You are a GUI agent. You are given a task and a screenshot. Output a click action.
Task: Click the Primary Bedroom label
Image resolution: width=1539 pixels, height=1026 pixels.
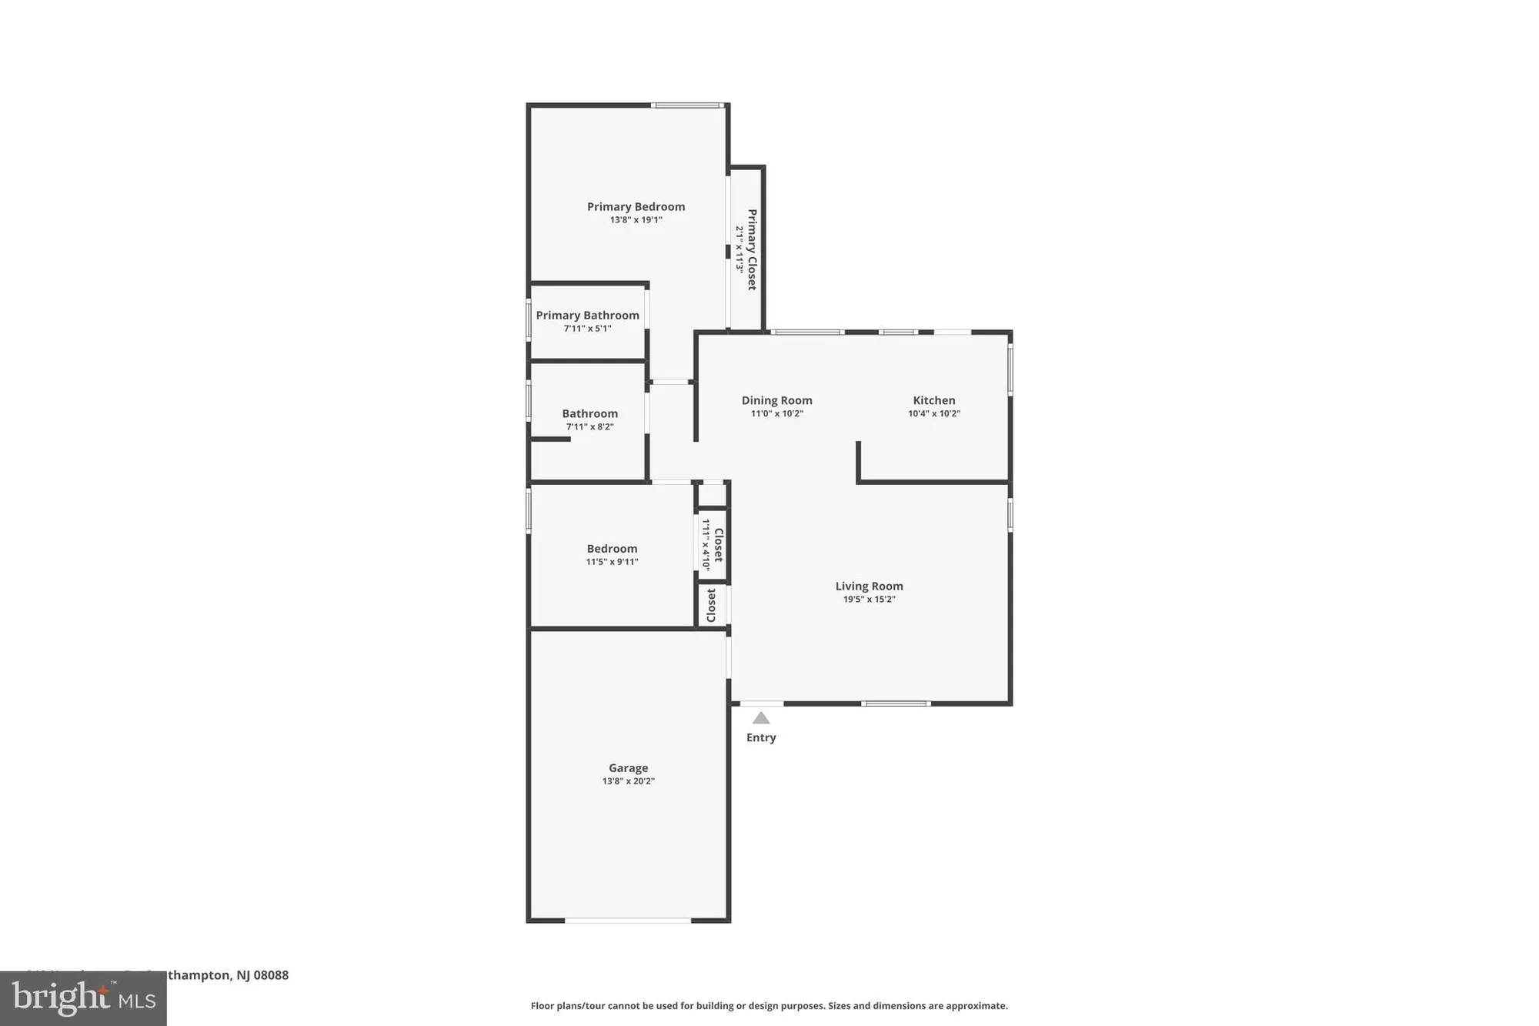(x=636, y=206)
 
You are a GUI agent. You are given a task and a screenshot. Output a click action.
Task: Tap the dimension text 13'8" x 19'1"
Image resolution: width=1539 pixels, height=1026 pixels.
(x=636, y=220)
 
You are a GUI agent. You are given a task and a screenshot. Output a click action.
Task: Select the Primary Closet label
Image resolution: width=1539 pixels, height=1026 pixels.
(x=752, y=249)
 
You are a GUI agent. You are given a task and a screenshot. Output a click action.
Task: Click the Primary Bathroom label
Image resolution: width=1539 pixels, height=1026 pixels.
(x=587, y=315)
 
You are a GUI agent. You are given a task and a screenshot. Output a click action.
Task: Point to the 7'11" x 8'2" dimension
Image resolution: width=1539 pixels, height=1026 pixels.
(x=589, y=427)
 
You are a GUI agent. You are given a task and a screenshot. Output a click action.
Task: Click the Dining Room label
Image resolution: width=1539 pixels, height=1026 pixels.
(x=776, y=400)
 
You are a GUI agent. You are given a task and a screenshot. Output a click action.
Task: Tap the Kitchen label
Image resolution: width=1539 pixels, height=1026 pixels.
(x=933, y=400)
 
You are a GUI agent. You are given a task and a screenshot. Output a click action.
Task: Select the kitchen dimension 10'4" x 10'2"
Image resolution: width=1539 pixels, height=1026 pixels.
(x=933, y=413)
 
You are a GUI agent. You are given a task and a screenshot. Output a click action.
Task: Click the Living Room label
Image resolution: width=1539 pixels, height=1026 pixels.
(x=869, y=586)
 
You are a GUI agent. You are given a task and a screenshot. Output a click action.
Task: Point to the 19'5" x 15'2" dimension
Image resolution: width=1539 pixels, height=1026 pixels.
(x=869, y=600)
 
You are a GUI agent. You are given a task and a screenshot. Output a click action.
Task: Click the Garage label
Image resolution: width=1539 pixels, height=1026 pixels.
(x=628, y=767)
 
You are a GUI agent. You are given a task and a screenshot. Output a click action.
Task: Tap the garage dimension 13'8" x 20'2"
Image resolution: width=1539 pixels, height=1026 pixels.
(x=628, y=781)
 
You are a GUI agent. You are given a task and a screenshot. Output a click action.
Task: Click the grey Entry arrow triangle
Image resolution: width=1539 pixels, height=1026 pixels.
(x=760, y=719)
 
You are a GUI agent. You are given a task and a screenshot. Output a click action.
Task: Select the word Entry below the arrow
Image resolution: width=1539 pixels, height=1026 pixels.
(x=760, y=737)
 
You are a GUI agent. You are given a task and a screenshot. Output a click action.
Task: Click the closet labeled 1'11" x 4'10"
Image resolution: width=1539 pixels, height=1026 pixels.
(x=712, y=544)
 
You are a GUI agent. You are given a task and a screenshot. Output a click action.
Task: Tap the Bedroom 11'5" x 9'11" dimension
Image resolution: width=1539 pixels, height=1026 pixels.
(x=612, y=562)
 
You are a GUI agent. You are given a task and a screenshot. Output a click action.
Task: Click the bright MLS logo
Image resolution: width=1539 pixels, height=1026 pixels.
(x=83, y=998)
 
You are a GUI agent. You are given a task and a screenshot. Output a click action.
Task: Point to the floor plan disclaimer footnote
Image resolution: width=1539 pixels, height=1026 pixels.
(x=769, y=1005)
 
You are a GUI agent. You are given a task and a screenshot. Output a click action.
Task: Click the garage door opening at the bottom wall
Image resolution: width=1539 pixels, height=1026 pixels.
(x=628, y=920)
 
